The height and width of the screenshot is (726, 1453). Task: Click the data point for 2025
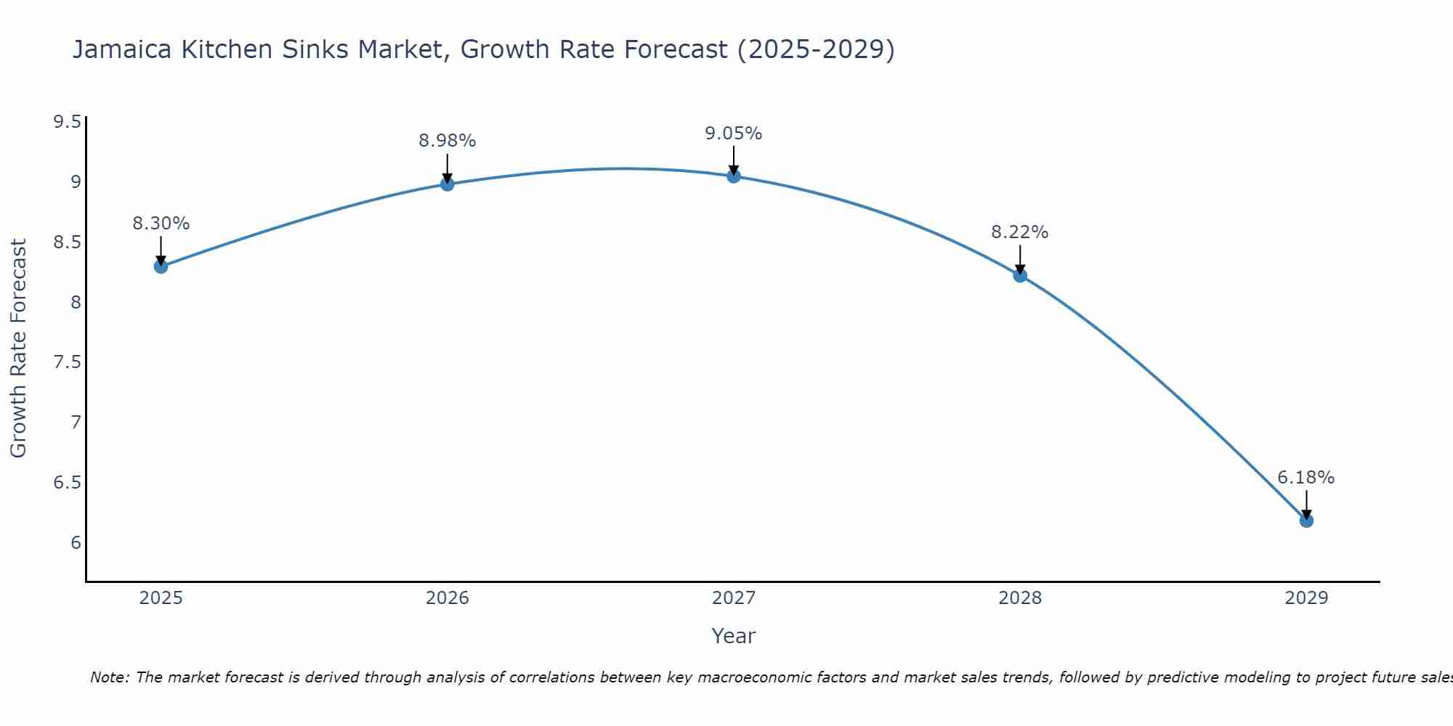(161, 266)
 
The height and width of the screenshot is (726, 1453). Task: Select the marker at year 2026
(447, 184)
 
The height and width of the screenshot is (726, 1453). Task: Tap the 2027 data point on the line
(733, 176)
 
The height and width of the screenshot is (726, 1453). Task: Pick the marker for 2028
(1019, 275)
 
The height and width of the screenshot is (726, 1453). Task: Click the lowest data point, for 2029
(1306, 521)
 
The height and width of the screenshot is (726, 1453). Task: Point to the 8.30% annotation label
(161, 224)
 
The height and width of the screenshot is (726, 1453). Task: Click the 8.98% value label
(447, 141)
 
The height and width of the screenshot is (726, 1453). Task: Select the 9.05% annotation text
(733, 134)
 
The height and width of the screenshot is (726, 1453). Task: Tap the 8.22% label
(1019, 232)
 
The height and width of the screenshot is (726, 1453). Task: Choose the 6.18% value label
(1306, 478)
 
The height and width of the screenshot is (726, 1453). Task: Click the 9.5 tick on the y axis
(67, 121)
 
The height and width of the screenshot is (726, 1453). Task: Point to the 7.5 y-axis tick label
(67, 362)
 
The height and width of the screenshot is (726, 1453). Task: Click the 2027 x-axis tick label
(733, 598)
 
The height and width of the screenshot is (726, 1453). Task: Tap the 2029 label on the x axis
(1306, 598)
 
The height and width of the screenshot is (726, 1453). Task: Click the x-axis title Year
(733, 636)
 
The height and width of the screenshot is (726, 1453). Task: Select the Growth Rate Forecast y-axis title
(19, 348)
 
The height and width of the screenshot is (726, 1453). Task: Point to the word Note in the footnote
(109, 677)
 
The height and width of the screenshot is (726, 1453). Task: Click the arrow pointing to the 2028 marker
(1019, 258)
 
